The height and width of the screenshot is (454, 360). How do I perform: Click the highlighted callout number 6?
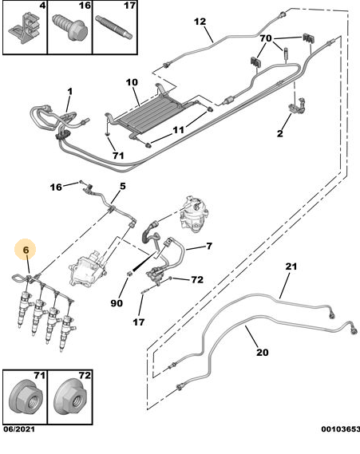click(x=26, y=250)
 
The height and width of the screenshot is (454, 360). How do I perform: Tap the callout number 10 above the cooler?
click(x=133, y=81)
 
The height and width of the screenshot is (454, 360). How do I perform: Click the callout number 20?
click(x=262, y=352)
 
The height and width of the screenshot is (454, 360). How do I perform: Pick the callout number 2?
click(x=279, y=134)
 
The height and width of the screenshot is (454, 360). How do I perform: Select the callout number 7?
click(x=208, y=247)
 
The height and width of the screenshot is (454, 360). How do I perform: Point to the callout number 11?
click(x=179, y=129)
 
